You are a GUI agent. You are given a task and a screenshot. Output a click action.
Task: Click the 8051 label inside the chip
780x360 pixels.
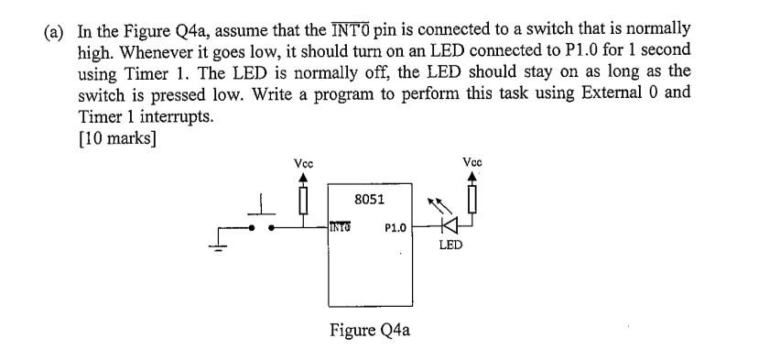point(369,198)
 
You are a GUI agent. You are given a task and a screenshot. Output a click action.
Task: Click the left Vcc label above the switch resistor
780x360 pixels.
point(303,163)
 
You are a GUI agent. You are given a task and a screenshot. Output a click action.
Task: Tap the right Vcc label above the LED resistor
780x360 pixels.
point(471,163)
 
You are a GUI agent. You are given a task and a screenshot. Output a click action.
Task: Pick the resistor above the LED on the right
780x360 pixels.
point(472,196)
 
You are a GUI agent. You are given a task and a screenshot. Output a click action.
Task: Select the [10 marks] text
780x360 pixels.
point(117,138)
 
